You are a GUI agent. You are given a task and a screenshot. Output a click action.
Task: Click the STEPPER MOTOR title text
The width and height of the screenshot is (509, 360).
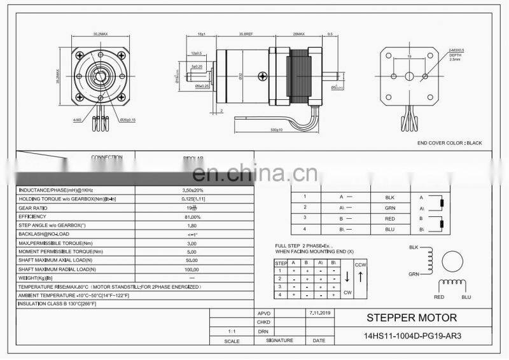411,317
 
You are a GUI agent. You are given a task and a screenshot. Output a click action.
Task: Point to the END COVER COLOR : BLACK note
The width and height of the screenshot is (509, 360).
449,143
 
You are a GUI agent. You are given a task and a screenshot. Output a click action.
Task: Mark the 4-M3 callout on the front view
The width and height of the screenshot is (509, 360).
77,119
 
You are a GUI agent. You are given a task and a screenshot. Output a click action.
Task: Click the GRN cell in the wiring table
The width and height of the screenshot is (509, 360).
390,207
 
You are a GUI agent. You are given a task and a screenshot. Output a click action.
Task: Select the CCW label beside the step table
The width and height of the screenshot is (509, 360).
360,264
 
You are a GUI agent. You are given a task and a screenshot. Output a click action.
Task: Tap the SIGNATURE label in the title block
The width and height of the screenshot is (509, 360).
280,341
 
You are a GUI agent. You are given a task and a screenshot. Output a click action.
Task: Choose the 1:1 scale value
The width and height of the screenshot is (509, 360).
234,332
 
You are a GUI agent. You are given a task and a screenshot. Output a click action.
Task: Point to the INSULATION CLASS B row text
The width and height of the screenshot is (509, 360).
58,304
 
